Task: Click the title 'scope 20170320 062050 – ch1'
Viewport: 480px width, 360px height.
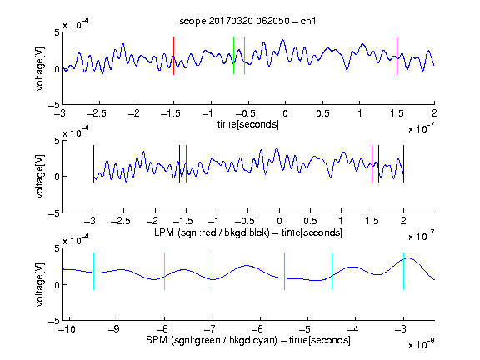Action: pos(247,21)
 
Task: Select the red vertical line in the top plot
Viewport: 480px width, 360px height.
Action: pos(173,56)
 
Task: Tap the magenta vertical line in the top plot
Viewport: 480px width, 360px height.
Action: pos(397,56)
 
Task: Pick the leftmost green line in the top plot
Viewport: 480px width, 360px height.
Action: pos(233,55)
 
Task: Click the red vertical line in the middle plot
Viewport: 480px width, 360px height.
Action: pos(186,164)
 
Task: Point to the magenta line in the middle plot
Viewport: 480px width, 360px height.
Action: pos(372,164)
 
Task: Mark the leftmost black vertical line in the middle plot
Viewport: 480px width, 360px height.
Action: pos(93,164)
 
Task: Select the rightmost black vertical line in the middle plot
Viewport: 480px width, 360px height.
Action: pos(403,164)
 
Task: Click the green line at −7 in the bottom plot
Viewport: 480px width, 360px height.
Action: pos(212,271)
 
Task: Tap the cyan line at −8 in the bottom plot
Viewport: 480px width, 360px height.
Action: pos(164,271)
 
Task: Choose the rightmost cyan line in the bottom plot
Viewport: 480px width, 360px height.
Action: pos(403,271)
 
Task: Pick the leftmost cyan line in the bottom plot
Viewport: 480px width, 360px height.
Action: pos(93,271)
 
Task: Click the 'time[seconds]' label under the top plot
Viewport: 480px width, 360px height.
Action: pos(248,125)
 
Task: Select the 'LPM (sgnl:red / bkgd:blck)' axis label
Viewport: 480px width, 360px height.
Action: pos(212,232)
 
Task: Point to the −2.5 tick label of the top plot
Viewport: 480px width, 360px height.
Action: pos(97,113)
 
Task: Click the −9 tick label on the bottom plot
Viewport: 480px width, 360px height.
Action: pos(114,329)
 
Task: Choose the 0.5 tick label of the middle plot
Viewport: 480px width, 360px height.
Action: pos(310,221)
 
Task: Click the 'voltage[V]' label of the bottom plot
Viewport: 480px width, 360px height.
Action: pos(40,284)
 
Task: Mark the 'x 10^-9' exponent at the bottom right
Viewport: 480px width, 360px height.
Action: pos(422,344)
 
